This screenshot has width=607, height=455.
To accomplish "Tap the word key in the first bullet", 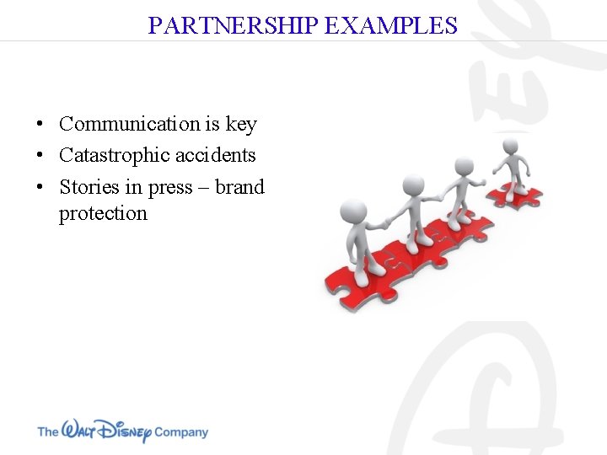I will (241, 124).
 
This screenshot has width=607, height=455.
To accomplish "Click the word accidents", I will (216, 155).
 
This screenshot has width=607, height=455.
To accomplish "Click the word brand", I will (239, 186).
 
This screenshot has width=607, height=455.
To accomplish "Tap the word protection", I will (103, 213).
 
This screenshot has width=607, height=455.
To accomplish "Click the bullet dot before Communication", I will (40, 125).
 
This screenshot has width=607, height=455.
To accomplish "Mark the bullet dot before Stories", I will (40, 187).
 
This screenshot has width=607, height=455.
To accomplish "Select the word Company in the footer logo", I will (180, 432).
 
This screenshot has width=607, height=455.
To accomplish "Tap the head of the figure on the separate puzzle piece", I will (511, 147).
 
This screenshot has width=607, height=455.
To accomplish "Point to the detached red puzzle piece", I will (516, 195).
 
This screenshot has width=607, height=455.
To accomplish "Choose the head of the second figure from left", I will (412, 185).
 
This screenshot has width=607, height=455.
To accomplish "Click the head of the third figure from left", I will (464, 165).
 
